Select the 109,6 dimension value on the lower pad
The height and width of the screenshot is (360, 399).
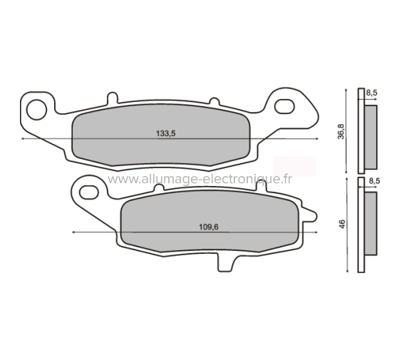[x=207, y=227]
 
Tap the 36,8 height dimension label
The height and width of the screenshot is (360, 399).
[x=341, y=132]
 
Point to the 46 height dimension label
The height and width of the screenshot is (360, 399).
[x=342, y=224]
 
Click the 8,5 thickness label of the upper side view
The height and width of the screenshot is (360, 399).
[x=372, y=93]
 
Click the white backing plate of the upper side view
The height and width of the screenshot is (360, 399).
[x=361, y=132]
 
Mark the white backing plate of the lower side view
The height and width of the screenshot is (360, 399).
[x=361, y=225]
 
